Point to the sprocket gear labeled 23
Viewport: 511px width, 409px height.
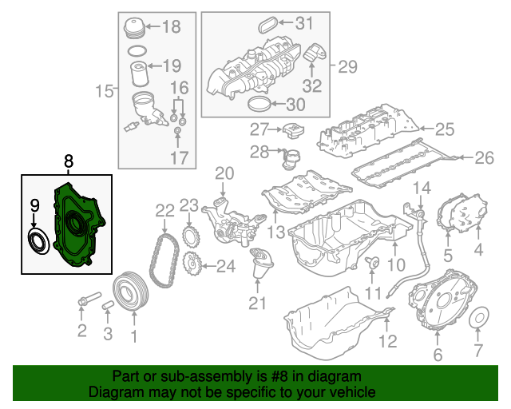coord(191,236)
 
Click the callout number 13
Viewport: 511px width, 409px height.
coord(275,232)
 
